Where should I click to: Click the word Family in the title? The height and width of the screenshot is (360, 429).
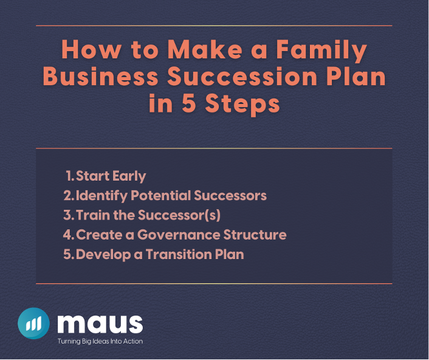[x=321, y=50]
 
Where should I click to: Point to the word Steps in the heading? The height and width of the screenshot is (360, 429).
[x=242, y=105]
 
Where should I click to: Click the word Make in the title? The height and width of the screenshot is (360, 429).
[x=205, y=49]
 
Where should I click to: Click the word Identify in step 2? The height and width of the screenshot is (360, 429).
[x=101, y=196]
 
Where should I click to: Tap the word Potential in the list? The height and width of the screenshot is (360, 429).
[x=161, y=195]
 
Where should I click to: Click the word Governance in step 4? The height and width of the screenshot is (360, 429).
[x=179, y=235]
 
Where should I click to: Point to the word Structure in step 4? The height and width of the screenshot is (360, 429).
[x=255, y=235]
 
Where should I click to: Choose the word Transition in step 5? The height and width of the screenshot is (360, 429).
[x=179, y=254]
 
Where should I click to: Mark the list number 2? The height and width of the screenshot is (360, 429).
[x=68, y=195]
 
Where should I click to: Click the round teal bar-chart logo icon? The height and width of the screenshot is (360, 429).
[x=33, y=324]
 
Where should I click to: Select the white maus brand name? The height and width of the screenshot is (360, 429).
[x=100, y=324]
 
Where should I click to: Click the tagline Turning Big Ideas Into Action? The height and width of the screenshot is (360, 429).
[x=100, y=341]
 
